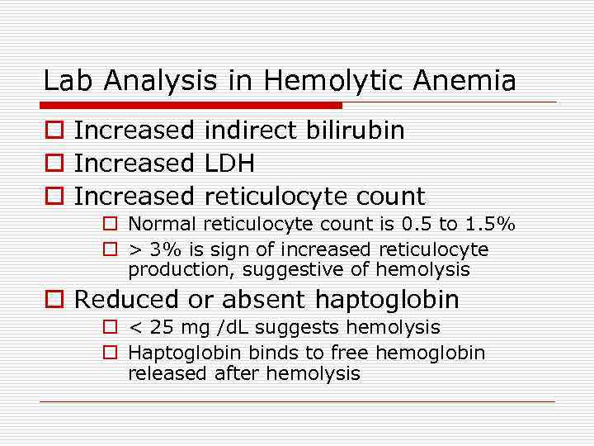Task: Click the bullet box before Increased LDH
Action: coord(54,164)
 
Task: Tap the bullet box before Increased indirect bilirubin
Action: coord(54,130)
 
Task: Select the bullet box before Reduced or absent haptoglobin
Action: coord(54,300)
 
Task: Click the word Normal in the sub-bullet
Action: coord(163,225)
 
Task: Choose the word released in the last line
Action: coord(168,373)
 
